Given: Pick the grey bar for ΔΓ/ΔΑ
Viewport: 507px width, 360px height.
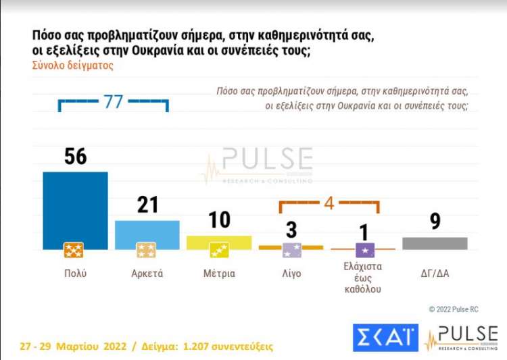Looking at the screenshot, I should tap(435, 243).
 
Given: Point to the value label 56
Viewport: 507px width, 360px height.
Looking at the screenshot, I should tap(76, 157).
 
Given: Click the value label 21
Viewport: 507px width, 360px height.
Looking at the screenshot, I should tap(147, 205).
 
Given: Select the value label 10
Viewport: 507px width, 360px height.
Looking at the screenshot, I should tap(219, 220).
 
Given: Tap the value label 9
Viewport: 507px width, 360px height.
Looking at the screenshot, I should tap(435, 221).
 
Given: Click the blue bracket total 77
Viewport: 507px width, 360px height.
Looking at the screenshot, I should tap(113, 102).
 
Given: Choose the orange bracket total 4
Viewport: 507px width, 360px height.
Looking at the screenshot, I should tap(329, 202).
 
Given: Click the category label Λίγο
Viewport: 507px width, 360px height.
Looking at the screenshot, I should tap(291, 274).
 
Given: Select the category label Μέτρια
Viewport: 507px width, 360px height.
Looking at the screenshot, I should tap(219, 274).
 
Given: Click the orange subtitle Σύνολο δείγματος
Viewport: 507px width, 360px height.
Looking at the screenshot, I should tap(72, 66).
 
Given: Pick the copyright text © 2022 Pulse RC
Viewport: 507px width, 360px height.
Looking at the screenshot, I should tap(454, 309).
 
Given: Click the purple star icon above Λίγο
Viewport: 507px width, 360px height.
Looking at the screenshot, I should tap(291, 251).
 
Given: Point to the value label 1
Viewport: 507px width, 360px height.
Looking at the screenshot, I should tap(364, 232).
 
